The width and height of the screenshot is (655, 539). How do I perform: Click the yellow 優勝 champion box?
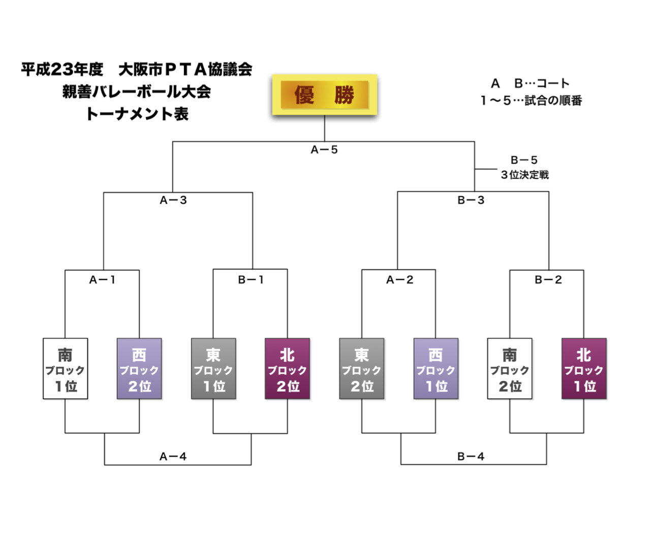325,95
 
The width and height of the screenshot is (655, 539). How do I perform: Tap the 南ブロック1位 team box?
66,369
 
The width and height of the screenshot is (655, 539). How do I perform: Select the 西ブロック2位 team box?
139,369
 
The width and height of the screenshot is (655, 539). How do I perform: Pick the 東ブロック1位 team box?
213,369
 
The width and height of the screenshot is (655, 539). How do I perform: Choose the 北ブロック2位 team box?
288,369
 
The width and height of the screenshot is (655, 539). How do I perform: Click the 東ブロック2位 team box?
362,369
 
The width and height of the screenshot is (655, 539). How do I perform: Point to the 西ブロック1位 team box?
436,369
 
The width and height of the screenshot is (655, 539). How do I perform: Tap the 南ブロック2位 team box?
510,369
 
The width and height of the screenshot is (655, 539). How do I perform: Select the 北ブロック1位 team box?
584,369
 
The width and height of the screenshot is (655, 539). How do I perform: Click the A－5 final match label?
324,150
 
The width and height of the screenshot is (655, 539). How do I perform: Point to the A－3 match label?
173,200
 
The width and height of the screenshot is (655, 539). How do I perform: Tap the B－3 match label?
471,200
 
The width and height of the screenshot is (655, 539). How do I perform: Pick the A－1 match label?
102,279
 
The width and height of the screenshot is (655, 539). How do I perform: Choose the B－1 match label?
251,279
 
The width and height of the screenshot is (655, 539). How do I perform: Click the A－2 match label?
399,279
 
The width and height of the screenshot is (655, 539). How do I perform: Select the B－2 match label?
548,279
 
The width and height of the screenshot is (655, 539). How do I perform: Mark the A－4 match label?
173,457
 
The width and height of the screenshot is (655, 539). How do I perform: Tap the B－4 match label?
471,457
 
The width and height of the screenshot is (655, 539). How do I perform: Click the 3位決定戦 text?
524,175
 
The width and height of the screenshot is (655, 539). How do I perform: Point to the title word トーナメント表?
137,114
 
